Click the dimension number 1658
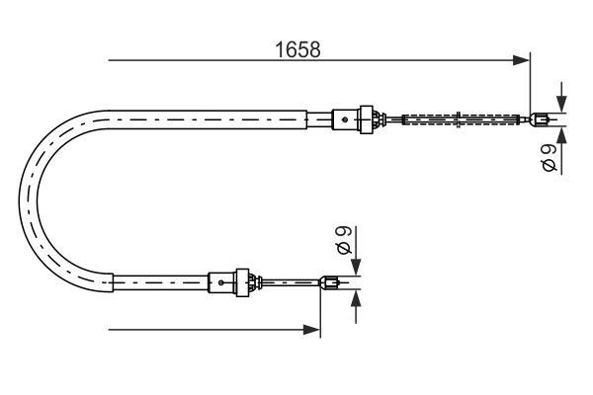(x=296, y=49)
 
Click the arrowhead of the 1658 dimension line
(x=522, y=61)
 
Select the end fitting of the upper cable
(x=540, y=121)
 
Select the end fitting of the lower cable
(x=332, y=284)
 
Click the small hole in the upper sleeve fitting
(x=344, y=120)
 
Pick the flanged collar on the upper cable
(x=372, y=119)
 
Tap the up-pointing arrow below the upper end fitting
(x=560, y=136)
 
